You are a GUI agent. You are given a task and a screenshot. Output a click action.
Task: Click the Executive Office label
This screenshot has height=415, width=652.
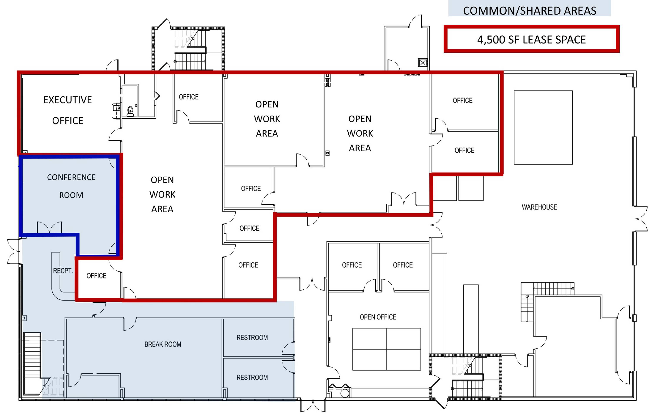pyautogui.click(x=67, y=110)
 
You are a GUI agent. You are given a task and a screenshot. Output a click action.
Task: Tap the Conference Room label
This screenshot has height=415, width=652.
pyautogui.click(x=71, y=186)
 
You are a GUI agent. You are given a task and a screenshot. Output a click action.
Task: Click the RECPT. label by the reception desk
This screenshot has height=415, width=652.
pyautogui.click(x=63, y=271)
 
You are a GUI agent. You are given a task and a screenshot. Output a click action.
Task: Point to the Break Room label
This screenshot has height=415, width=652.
pyautogui.click(x=163, y=344)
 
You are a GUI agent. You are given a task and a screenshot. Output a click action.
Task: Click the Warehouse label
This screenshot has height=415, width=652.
pyautogui.click(x=539, y=207)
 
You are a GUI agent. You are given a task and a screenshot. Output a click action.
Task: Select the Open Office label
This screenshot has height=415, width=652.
pyautogui.click(x=378, y=317)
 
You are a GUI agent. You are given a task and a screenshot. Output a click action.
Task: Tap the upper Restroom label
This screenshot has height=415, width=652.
pyautogui.click(x=252, y=338)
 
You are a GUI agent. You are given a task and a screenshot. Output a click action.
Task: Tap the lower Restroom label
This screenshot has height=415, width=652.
pyautogui.click(x=252, y=377)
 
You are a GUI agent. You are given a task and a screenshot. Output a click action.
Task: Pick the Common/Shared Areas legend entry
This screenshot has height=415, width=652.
pyautogui.click(x=529, y=10)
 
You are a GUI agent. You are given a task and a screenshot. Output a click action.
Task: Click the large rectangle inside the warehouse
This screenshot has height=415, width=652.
pyautogui.click(x=543, y=127)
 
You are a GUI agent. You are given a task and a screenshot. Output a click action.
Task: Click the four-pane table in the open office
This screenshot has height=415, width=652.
pyautogui.click(x=386, y=349)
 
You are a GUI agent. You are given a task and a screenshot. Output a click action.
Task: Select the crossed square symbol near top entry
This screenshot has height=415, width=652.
pyautogui.click(x=423, y=63)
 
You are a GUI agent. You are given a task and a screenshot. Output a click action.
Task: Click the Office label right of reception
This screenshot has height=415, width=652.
pyautogui.click(x=96, y=276)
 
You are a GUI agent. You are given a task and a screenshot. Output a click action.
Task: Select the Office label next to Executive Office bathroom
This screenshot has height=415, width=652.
pyautogui.click(x=188, y=97)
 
